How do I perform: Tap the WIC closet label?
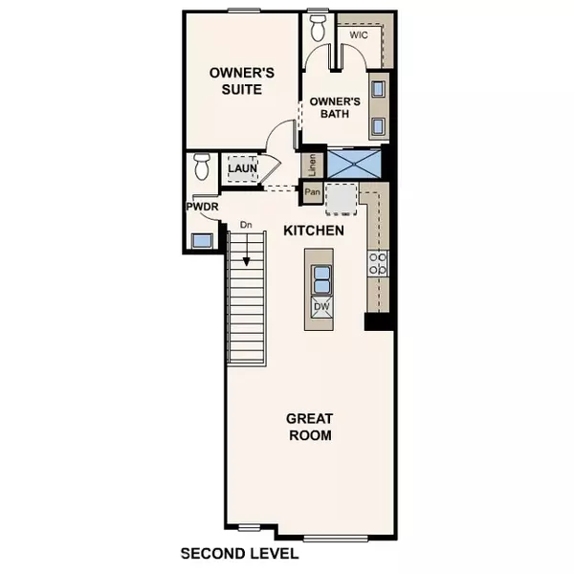pos(359,35)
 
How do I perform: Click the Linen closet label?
pos(312,165)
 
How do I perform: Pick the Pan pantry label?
pos(312,191)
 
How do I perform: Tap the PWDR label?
pos(201,206)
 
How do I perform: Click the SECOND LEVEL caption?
pos(240,554)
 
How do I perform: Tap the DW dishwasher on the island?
pos(322,308)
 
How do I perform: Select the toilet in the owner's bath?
pos(319,26)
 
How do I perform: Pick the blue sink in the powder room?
pos(203,240)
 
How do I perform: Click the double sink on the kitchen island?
pos(322,278)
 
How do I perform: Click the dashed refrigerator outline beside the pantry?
pos(341,199)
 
